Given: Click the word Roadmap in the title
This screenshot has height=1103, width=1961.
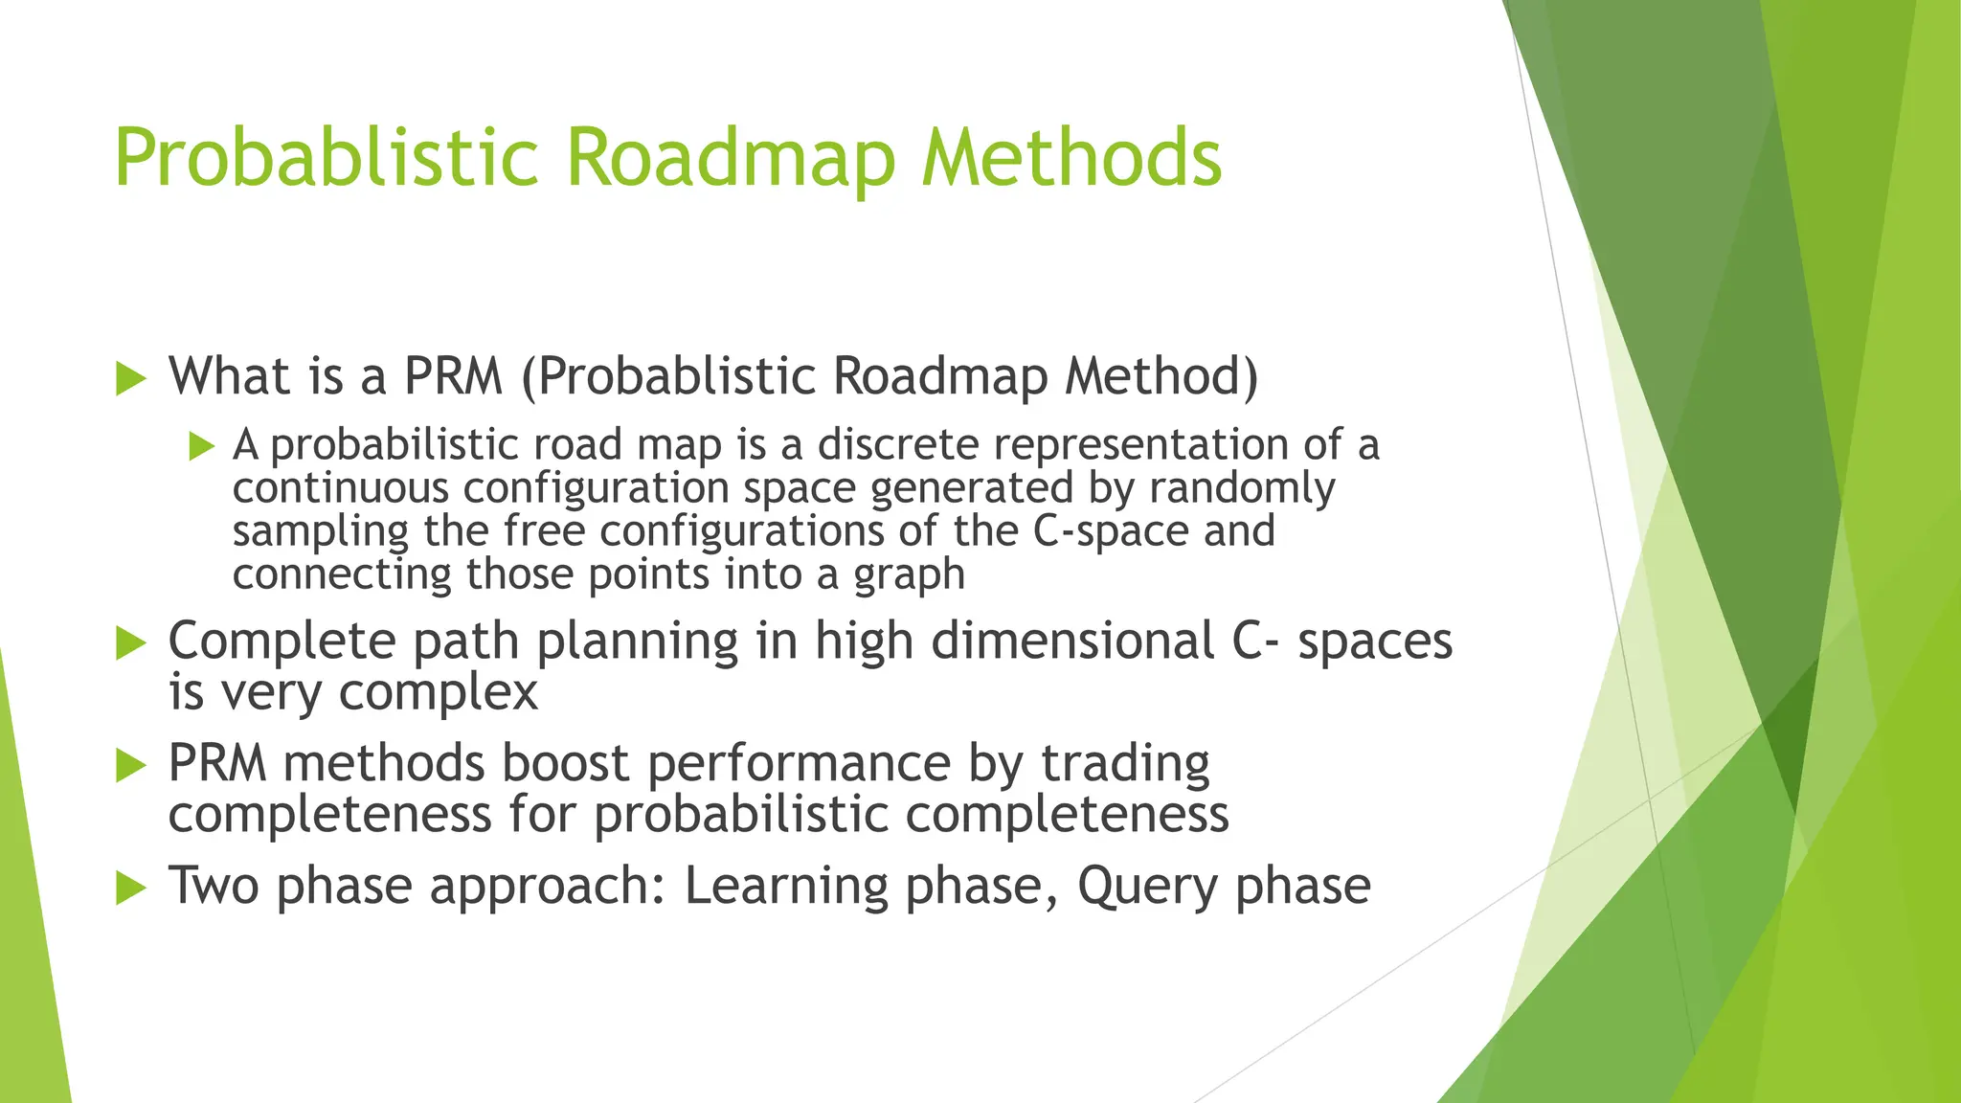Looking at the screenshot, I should (x=730, y=159).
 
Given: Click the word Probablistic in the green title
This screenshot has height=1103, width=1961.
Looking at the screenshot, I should (x=326, y=159).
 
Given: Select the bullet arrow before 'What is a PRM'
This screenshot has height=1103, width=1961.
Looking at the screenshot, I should (x=130, y=379).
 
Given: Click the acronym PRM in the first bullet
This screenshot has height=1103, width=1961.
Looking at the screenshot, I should (x=453, y=376).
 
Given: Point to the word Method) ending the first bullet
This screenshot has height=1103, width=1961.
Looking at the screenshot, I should (x=1161, y=376).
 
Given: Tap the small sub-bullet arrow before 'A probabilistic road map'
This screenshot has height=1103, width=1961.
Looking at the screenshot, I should (x=202, y=446).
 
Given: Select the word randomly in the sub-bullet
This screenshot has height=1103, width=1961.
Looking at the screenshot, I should (x=1242, y=488).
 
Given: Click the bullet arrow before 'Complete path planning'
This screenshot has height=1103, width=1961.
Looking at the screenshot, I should (x=130, y=643).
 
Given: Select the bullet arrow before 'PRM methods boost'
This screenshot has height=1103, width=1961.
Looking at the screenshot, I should (x=130, y=766).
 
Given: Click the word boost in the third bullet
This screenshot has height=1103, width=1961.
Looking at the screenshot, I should (x=565, y=764).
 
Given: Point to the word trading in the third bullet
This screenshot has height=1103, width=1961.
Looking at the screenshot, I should (x=1125, y=764).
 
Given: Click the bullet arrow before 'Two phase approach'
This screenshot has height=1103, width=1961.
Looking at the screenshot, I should (x=130, y=889).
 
